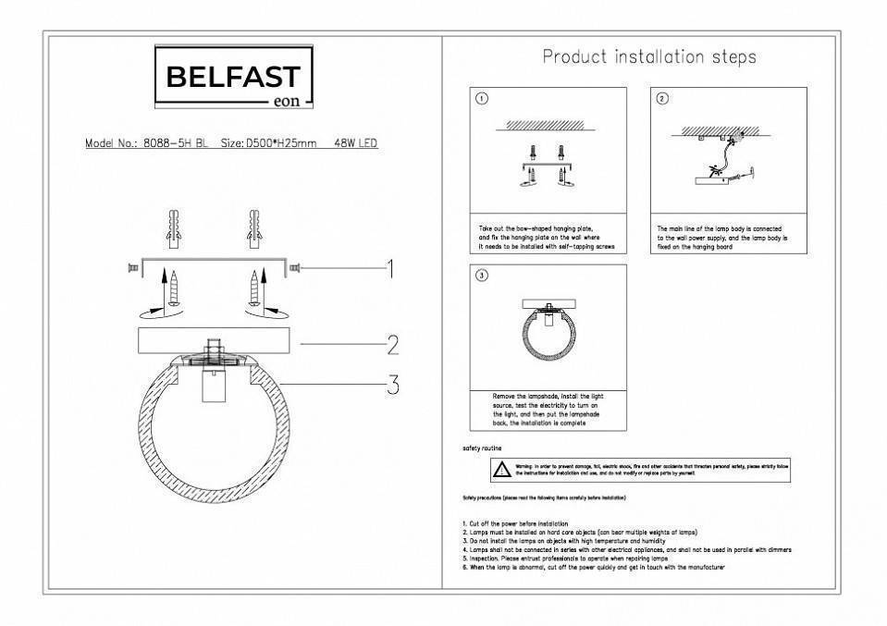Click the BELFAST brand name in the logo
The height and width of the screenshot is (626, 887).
point(232,77)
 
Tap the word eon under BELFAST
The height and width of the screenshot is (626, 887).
point(288,101)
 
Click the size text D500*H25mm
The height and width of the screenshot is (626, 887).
point(281,144)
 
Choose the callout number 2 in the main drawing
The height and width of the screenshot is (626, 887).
point(392,345)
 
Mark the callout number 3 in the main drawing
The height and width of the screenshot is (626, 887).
point(392,384)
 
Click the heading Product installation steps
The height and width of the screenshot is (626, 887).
point(648,57)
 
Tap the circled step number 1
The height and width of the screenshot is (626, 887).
point(482,100)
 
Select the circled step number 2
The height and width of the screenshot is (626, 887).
point(662,100)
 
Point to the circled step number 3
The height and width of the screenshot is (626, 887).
point(482,276)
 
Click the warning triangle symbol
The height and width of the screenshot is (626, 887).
point(500,470)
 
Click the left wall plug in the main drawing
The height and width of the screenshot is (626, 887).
point(172,227)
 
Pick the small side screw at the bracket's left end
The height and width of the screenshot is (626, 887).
point(132,268)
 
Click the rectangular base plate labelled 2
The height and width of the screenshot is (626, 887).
point(212,338)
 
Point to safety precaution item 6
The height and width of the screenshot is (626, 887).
point(592,567)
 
